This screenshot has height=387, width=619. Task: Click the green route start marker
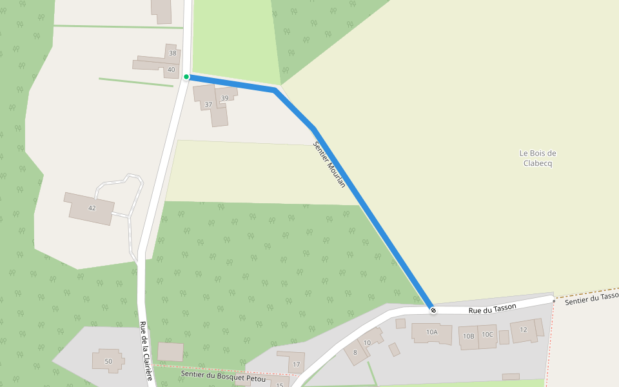tap(186, 77)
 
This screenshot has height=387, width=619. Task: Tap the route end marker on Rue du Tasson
tap(433, 310)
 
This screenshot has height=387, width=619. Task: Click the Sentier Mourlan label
tap(329, 164)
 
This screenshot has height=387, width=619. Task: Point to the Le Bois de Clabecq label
tap(537, 158)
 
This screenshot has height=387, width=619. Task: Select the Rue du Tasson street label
tap(492, 309)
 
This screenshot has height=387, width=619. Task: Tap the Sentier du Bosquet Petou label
tap(223, 374)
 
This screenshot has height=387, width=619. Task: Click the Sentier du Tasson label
tap(591, 299)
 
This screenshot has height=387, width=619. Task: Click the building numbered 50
tap(108, 361)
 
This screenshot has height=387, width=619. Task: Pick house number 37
tap(208, 104)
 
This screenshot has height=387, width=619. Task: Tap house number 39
tap(225, 98)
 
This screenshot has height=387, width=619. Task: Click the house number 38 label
tap(172, 53)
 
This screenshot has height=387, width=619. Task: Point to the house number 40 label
tap(171, 69)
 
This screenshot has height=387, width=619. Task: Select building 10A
tap(432, 332)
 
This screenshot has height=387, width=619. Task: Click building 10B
tap(468, 335)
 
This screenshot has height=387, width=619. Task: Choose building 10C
tap(487, 334)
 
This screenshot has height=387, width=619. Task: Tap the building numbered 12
tap(524, 330)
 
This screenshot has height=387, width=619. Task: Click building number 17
tap(296, 364)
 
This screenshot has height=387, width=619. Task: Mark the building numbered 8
tap(355, 352)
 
